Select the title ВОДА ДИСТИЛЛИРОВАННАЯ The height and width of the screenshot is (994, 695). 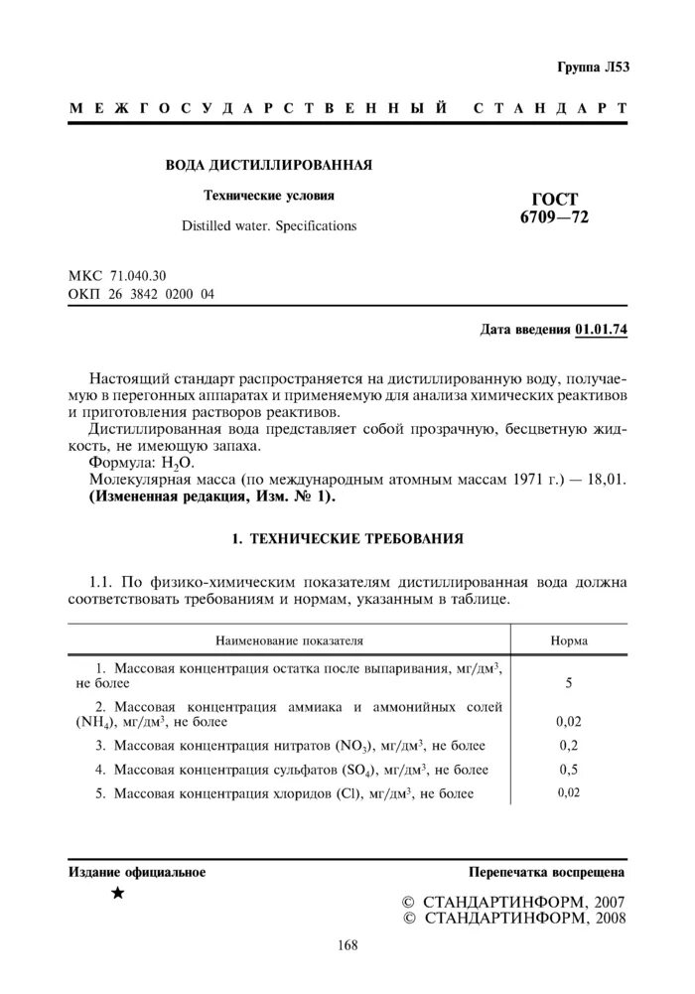click(x=268, y=164)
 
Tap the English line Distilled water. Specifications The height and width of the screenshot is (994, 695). click(x=268, y=226)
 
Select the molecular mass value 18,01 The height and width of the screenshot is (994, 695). click(x=607, y=480)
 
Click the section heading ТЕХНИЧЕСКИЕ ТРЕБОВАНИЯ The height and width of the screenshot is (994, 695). click(x=356, y=539)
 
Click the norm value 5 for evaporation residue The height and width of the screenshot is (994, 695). click(x=569, y=684)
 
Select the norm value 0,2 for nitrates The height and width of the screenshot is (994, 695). click(x=569, y=745)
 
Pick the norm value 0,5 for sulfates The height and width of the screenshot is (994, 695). click(x=569, y=770)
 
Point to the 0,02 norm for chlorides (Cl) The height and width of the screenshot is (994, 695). click(x=569, y=792)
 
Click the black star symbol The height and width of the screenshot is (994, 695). click(x=118, y=894)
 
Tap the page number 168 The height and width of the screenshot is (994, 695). click(x=347, y=944)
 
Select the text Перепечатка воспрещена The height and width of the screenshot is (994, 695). click(x=547, y=872)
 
